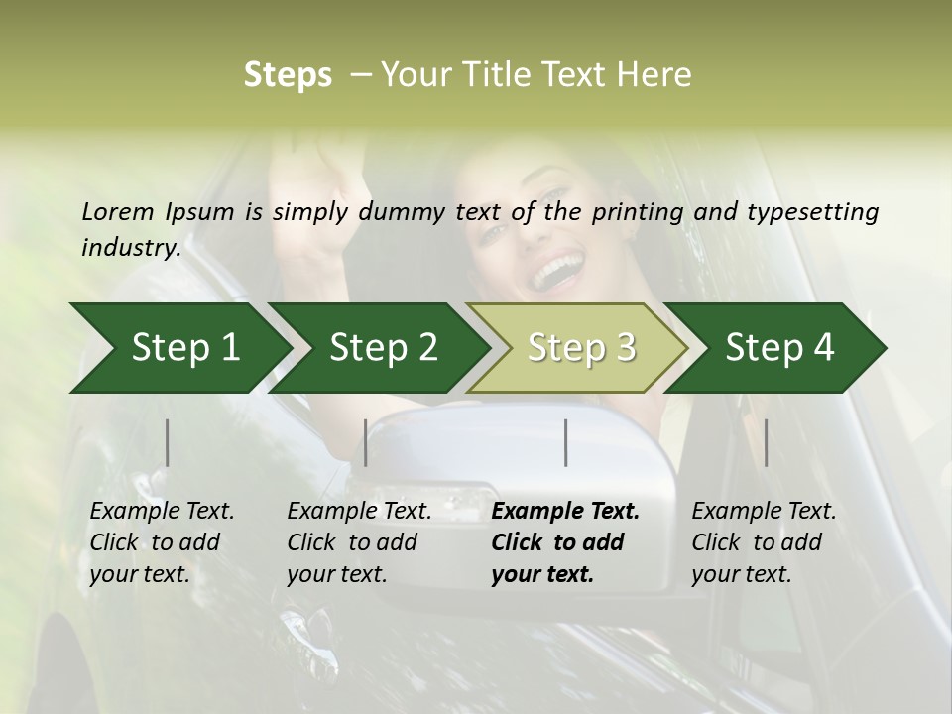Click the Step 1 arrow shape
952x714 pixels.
click(184, 347)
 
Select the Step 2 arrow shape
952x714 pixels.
click(383, 347)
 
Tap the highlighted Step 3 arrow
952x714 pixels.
click(581, 347)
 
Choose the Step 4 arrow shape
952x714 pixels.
click(779, 347)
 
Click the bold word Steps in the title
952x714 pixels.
click(288, 75)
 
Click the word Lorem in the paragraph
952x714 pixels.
click(118, 211)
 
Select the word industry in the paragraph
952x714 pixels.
click(129, 247)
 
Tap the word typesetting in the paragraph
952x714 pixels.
click(812, 212)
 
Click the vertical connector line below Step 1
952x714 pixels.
click(168, 442)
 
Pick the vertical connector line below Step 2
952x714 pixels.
click(366, 442)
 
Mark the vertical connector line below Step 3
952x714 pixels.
click(566, 442)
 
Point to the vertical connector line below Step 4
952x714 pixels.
click(767, 442)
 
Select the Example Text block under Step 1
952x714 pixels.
click(162, 542)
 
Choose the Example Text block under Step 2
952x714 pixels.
click(359, 542)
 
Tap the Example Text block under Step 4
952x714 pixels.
click(764, 542)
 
